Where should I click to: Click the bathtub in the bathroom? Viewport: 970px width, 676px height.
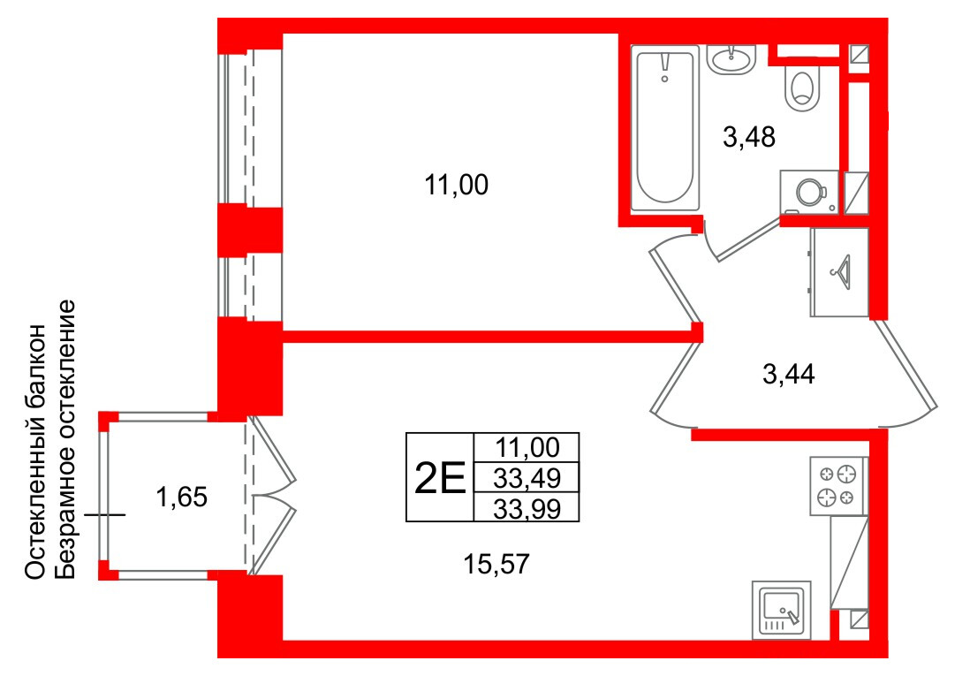(x=665, y=127)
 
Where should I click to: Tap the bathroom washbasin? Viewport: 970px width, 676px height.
(x=732, y=59)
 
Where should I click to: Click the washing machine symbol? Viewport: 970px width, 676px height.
(x=809, y=192)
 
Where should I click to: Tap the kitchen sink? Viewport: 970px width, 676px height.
(x=781, y=610)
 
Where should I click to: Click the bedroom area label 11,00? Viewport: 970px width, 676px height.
(x=457, y=185)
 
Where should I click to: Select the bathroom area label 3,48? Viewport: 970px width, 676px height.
(x=749, y=138)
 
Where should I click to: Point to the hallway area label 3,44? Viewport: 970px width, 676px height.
(x=789, y=374)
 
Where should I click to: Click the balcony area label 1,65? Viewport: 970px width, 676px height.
(x=182, y=498)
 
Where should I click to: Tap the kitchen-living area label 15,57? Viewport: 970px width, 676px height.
(x=496, y=564)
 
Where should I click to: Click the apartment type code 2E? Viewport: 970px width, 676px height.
(x=439, y=479)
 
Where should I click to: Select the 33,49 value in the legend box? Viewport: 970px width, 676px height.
(x=527, y=478)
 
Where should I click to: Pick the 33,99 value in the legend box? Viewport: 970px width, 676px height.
(x=527, y=509)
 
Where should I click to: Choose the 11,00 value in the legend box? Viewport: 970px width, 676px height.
(x=527, y=447)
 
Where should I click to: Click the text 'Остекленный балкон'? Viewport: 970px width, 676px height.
(x=35, y=452)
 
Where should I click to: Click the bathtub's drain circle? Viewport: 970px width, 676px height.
(x=665, y=79)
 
